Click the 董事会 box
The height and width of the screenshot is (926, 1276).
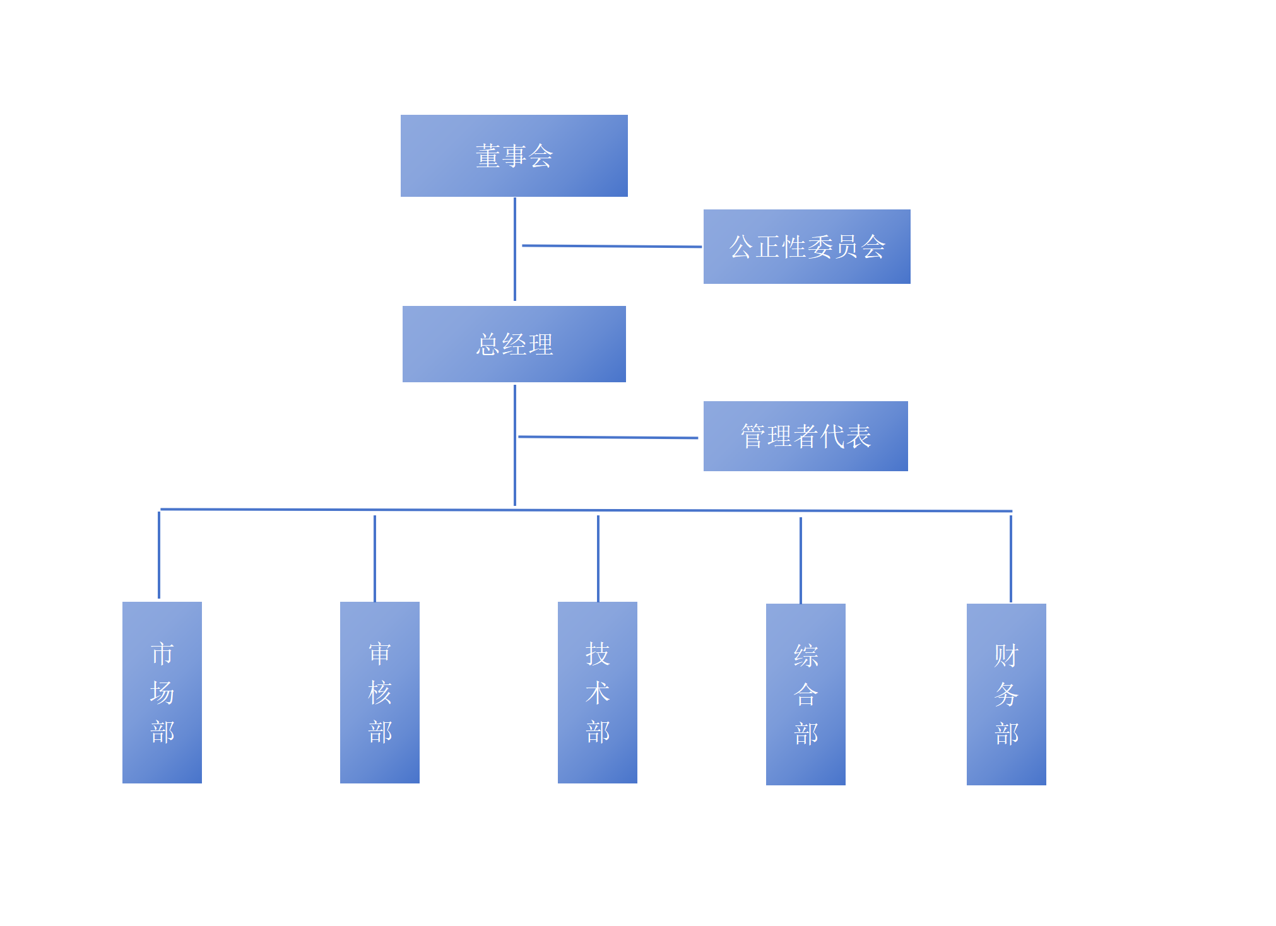514,156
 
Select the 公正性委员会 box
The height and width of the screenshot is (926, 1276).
806,247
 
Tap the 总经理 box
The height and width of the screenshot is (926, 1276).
514,344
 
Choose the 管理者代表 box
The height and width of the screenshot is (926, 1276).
805,436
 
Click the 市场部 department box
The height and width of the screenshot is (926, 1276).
162,692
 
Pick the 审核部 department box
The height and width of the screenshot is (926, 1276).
379,692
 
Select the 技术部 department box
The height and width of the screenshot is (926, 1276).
597,692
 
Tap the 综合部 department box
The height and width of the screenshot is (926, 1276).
805,694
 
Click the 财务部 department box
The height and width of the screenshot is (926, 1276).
1006,694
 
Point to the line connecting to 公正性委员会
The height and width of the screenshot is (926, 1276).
612,246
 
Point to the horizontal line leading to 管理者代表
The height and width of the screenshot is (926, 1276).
608,437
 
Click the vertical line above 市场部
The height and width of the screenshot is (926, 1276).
159,555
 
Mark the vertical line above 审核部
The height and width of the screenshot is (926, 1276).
375,558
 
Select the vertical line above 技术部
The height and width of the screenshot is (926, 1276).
598,558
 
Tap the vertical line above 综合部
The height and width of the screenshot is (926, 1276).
801,560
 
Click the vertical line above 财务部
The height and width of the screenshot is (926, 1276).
1011,559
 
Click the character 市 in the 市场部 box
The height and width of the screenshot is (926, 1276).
162,653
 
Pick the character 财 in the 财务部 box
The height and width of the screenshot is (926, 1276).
1006,655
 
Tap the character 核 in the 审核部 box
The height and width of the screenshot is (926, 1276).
379,693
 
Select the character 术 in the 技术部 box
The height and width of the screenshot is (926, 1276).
597,693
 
